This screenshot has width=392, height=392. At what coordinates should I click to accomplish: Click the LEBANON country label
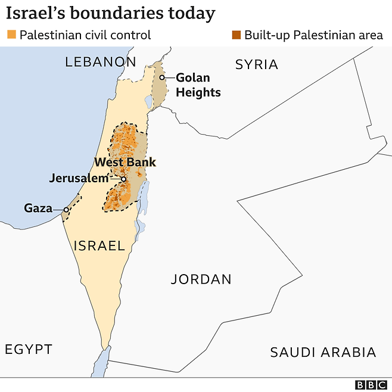(101, 61)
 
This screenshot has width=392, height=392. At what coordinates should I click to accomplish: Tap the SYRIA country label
(256, 64)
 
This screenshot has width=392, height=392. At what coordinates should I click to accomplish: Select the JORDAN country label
(201, 279)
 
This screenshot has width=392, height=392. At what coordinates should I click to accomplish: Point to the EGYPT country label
(29, 349)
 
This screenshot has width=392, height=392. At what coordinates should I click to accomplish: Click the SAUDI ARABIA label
(323, 352)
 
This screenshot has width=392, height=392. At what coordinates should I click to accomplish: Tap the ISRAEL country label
(99, 245)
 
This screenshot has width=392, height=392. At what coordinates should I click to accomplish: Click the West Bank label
(125, 162)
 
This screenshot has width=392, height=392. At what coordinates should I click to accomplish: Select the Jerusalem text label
(79, 178)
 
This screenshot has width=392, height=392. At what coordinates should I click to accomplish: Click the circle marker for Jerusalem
(123, 179)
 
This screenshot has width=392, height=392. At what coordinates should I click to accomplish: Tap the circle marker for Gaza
(66, 209)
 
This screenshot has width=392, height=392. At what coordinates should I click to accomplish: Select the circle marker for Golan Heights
(161, 77)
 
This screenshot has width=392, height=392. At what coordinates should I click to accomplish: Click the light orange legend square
(11, 35)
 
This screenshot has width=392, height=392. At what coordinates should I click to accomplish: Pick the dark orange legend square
(237, 35)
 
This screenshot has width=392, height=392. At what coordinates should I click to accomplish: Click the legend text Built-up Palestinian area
(313, 35)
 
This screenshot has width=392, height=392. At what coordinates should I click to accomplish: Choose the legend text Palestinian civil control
(85, 35)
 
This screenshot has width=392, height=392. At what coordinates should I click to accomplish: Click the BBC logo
(371, 385)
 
